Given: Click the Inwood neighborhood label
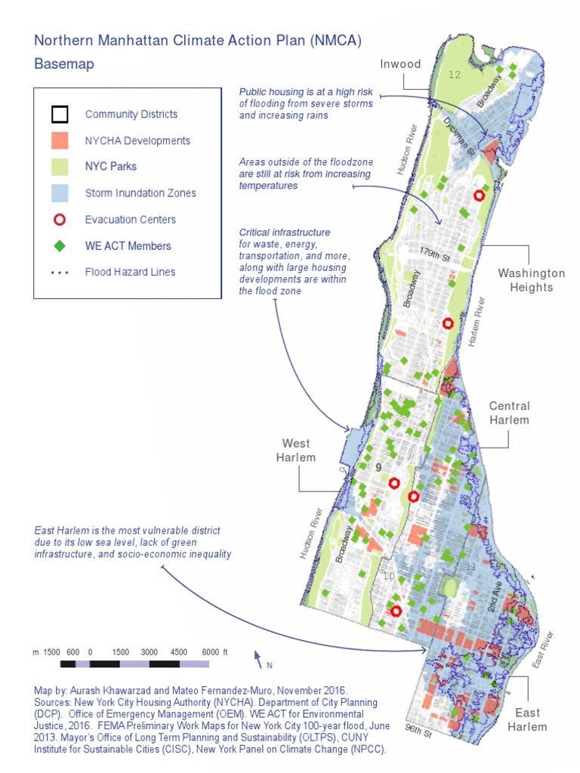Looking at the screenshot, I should coord(400,63).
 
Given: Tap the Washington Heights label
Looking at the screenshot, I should coord(531,280).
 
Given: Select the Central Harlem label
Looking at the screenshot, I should coord(509,413).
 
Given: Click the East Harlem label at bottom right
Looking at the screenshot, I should coord(527,719).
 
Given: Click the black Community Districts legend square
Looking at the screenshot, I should coord(60,115).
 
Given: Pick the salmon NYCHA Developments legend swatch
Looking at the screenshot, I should coord(60,140).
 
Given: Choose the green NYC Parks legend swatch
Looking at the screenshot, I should coord(60,167).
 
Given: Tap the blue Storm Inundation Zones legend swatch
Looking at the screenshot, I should coord(60,193).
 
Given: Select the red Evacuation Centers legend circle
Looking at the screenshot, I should coord(60,220).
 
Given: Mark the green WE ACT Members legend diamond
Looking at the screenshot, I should coord(60,246).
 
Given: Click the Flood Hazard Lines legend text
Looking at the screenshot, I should coord(130,272).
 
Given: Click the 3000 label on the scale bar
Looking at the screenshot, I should coord(149,651).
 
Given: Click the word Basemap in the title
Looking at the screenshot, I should coord(64,64).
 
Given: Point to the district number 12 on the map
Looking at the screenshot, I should coord(454,75).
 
